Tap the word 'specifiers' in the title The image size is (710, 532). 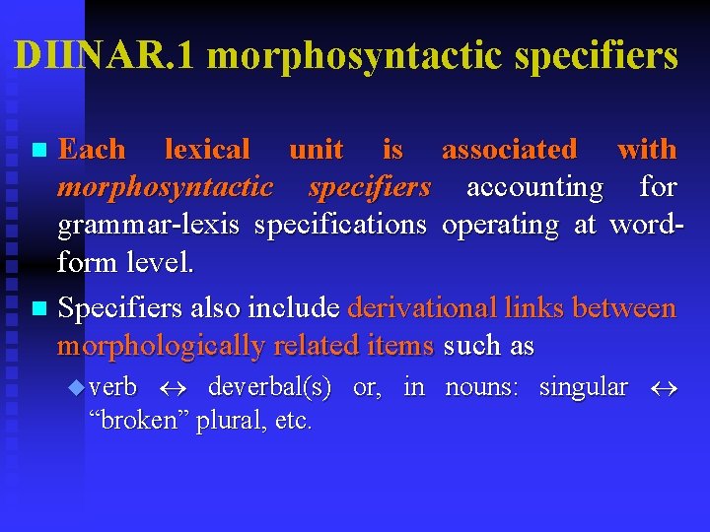pos(597,56)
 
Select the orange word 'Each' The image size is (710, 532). pos(92,150)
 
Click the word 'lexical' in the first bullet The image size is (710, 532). pos(207,150)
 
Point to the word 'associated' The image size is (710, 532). pos(509,150)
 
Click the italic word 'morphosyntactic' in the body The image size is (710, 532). pos(165,187)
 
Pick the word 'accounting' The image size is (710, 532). pos(534,187)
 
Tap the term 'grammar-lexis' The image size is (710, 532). pos(148,226)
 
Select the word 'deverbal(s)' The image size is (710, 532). pos(269,387)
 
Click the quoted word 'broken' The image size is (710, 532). pos(137,422)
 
